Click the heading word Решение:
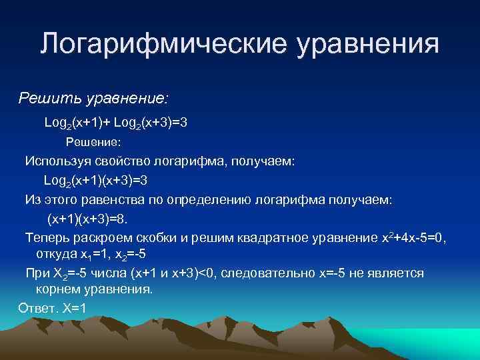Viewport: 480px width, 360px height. [93, 142]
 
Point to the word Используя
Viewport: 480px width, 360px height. [56, 161]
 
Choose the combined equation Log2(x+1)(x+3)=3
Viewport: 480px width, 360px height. [95, 180]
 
